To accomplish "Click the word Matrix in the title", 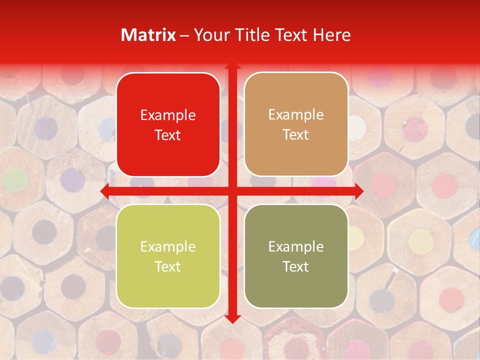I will [x=148, y=35].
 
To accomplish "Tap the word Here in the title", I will [x=331, y=35].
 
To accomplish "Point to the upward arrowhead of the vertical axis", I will [x=232, y=65].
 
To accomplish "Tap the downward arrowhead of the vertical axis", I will [x=232, y=318].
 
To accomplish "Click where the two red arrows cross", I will [x=232, y=191].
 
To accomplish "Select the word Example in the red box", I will [x=168, y=115].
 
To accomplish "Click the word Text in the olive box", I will [x=296, y=266].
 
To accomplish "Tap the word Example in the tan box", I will [x=296, y=115].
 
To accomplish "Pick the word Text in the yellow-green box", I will [x=168, y=266].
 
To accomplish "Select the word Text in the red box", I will [x=168, y=135].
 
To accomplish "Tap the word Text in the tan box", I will [x=296, y=134].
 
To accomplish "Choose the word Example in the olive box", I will [x=296, y=247].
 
